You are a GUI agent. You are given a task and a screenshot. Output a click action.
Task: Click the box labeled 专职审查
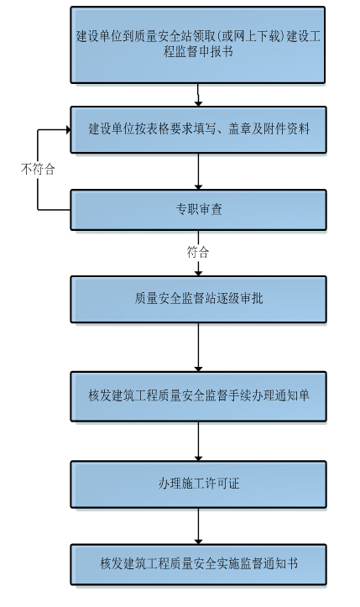coord(198,210)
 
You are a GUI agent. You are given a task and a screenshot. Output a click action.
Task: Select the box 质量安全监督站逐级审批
coord(198,299)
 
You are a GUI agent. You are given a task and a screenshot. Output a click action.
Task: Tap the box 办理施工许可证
coord(198,484)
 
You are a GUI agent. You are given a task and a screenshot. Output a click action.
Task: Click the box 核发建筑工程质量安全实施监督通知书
coord(198,564)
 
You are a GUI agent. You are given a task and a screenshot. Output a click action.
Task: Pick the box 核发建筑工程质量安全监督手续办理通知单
coord(198,396)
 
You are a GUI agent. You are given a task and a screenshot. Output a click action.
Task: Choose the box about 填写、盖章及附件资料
coord(198,129)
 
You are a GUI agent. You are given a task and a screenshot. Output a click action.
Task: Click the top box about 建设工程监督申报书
coord(197,44)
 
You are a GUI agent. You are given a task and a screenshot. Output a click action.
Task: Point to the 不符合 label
coord(38,169)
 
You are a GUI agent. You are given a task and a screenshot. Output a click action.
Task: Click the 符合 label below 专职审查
coord(198,252)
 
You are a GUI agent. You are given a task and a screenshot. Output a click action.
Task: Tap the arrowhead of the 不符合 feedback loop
coord(68,129)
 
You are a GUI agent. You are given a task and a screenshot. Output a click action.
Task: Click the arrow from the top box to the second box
coord(198,95)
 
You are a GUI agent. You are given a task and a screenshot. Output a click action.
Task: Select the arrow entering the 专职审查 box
coord(198,171)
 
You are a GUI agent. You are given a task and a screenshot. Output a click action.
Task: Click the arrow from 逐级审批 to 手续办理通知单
coord(198,347)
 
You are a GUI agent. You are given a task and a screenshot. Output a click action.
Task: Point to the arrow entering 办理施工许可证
coord(198,441)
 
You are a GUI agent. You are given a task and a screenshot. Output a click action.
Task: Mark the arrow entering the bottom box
coord(198,526)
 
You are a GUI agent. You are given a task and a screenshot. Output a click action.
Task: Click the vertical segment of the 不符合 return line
coord(38,170)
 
